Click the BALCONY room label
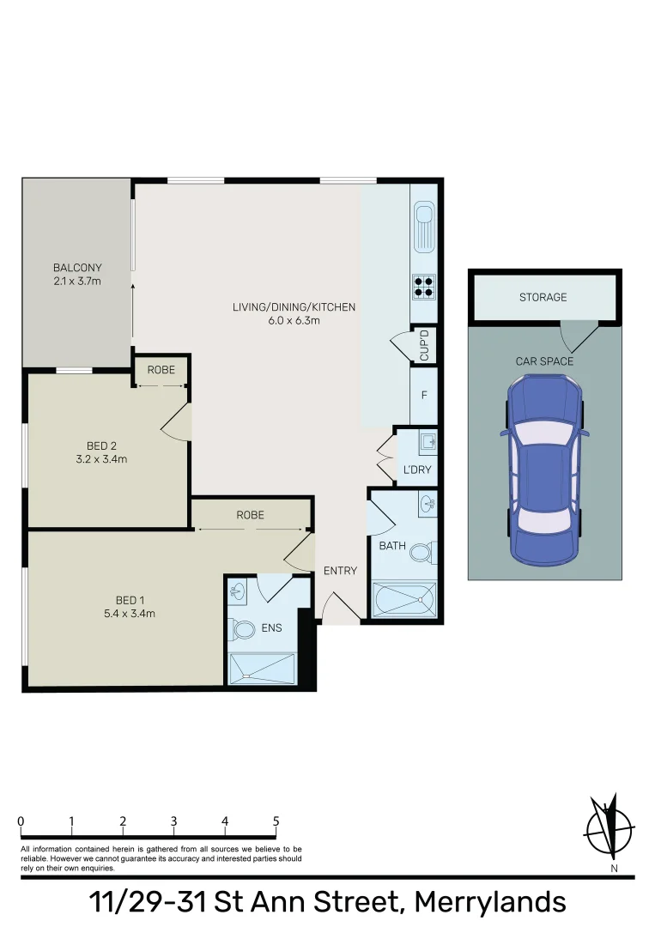pyautogui.click(x=77, y=267)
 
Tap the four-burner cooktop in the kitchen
pyautogui.click(x=424, y=285)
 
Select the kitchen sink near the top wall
pyautogui.click(x=424, y=221)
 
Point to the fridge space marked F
pyautogui.click(x=424, y=396)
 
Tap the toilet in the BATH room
pyautogui.click(x=422, y=551)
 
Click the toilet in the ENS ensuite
pyautogui.click(x=244, y=630)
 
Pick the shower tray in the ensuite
pyautogui.click(x=263, y=668)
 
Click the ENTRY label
pyautogui.click(x=340, y=571)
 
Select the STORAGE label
pyautogui.click(x=543, y=297)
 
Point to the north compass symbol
pyautogui.click(x=610, y=829)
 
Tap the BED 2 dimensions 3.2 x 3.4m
pyautogui.click(x=102, y=459)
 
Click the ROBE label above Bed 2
pyautogui.click(x=161, y=370)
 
